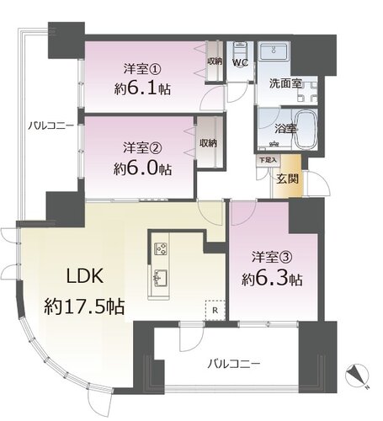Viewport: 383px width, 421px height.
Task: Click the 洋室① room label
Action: [x=142, y=69]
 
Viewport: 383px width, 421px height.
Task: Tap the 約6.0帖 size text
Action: [x=142, y=169]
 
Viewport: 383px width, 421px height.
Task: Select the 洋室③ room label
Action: [x=272, y=257]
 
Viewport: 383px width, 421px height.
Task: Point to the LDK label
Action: [x=85, y=276]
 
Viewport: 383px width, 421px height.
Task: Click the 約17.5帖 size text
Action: [x=84, y=306]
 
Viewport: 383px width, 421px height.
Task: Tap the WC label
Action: [x=241, y=62]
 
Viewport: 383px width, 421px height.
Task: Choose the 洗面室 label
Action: [x=285, y=83]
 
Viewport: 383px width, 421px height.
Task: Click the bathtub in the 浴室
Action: [x=306, y=130]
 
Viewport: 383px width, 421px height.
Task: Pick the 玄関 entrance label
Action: [x=287, y=179]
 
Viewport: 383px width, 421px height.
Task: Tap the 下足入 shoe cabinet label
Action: [x=268, y=160]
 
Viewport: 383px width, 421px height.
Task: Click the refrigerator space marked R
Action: [x=215, y=311]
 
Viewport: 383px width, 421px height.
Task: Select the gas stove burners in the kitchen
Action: [x=161, y=248]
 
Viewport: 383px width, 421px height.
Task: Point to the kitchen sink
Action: [x=160, y=278]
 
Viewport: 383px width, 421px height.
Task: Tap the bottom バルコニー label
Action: [x=234, y=365]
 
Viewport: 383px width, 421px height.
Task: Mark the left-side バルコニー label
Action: [x=51, y=125]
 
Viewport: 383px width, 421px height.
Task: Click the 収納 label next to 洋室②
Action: [x=208, y=143]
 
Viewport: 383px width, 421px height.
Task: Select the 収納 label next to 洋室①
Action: [x=215, y=61]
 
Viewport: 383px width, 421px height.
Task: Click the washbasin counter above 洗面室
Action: [x=274, y=52]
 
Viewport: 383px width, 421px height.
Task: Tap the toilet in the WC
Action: [x=240, y=50]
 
